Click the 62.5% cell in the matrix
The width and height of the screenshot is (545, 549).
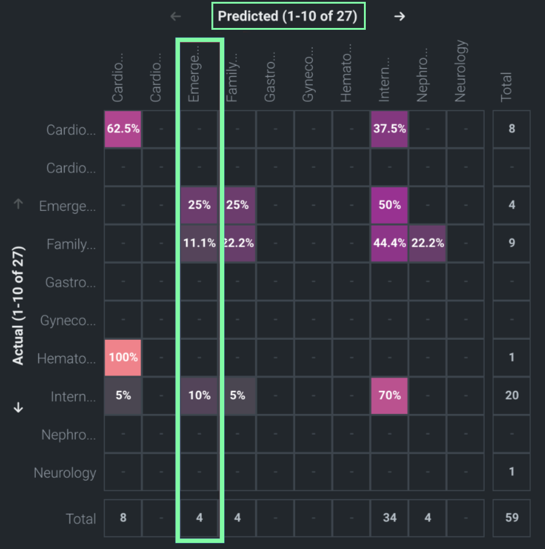[x=123, y=129]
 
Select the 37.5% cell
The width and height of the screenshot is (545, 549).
[x=389, y=129]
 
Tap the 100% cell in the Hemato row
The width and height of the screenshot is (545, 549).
[x=123, y=357]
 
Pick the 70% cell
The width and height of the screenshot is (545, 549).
[x=389, y=395]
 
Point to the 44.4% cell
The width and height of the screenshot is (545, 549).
[x=389, y=243]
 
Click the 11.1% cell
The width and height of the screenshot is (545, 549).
[x=199, y=243]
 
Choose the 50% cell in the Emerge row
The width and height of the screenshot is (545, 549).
[x=389, y=205]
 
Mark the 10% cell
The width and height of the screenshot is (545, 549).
[x=199, y=395]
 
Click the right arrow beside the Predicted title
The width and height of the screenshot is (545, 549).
[x=399, y=16]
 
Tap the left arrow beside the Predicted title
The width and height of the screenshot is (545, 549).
[x=176, y=16]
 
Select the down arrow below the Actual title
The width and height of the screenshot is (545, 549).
[x=18, y=407]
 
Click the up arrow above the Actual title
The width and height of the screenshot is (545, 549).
[x=18, y=204]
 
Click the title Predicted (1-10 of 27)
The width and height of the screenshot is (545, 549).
[x=287, y=16]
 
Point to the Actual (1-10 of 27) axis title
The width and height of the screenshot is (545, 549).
[x=18, y=305]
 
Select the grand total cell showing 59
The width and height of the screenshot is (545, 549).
[x=512, y=518]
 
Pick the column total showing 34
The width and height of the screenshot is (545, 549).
[x=389, y=518]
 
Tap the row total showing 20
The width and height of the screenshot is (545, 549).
[x=512, y=395]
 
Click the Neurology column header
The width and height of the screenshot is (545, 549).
[x=461, y=71]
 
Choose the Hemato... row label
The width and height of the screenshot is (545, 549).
[x=66, y=359]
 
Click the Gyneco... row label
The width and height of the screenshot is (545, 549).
[x=67, y=320]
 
